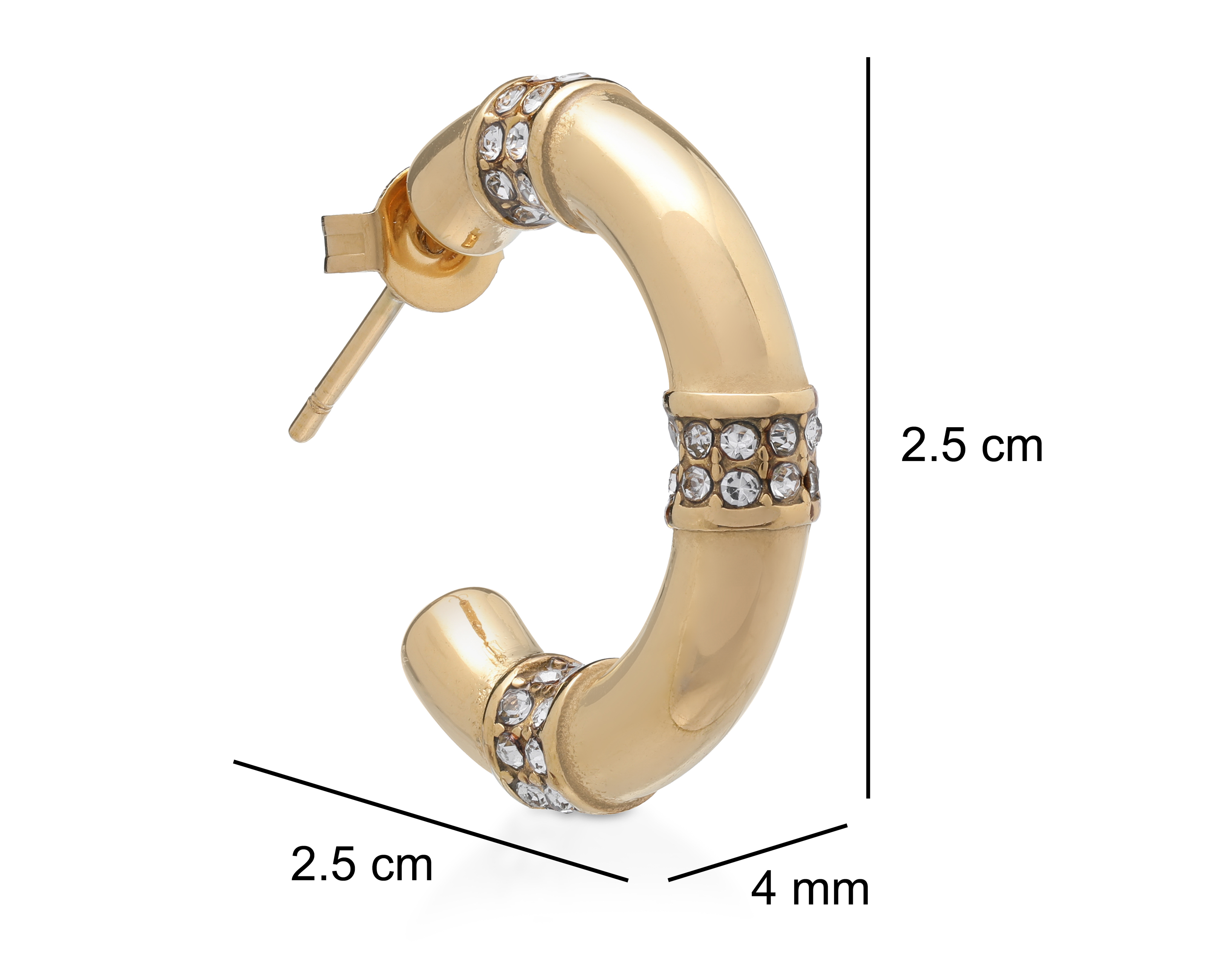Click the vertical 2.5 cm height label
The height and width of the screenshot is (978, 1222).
coord(971,446)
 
